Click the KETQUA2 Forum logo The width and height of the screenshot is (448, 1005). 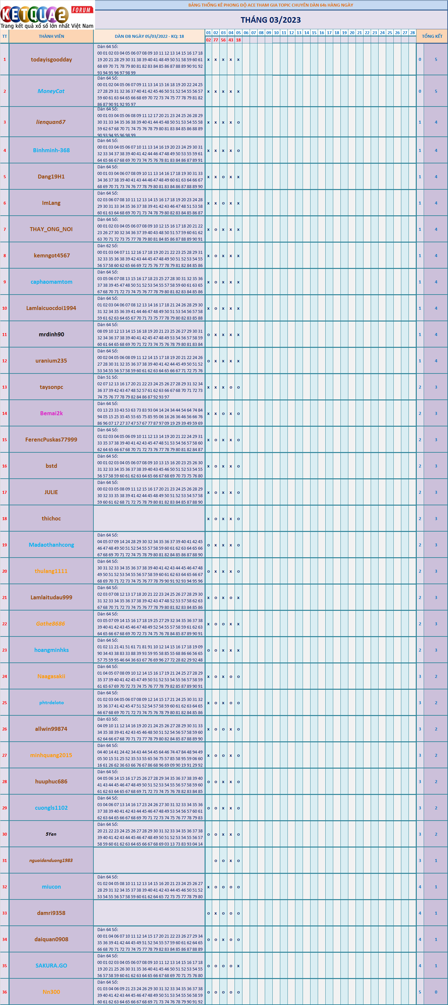(x=47, y=15)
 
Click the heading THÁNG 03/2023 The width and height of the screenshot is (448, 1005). (x=270, y=20)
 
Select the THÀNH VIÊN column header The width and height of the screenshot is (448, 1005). (x=51, y=36)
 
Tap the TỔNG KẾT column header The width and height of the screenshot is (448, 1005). (x=432, y=36)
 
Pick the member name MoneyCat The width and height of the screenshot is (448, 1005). (x=51, y=91)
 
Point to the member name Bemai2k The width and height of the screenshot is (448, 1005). (x=51, y=413)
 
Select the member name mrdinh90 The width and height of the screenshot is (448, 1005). (x=51, y=334)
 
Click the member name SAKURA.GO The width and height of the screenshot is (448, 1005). (x=51, y=965)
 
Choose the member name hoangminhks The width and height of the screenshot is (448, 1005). (x=51, y=650)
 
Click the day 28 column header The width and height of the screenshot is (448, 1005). (x=412, y=33)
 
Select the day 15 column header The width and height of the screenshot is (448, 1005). (x=314, y=33)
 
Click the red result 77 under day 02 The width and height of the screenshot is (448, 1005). (x=216, y=40)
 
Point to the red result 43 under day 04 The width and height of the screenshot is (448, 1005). (x=231, y=40)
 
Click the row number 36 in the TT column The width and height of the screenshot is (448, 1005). (x=5, y=992)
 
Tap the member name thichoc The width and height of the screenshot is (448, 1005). (x=51, y=518)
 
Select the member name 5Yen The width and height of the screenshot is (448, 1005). (x=51, y=834)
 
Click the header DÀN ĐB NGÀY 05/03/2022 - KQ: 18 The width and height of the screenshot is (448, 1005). (x=149, y=36)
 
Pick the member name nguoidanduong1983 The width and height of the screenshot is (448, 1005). (x=51, y=860)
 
